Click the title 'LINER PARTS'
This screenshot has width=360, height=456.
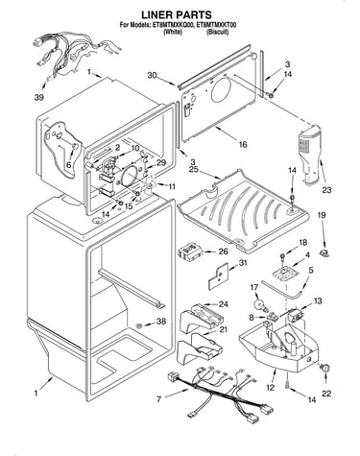click(x=177, y=14)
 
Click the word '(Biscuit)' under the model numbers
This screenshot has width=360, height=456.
click(x=217, y=32)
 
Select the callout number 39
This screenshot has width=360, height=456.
click(x=39, y=98)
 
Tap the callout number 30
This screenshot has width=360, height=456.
click(x=153, y=76)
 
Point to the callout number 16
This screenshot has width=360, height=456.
click(x=243, y=145)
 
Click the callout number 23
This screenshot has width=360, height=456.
click(x=326, y=190)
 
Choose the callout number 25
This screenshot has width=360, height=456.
click(x=193, y=169)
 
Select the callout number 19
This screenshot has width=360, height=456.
click(x=322, y=215)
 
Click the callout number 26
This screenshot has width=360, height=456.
click(x=223, y=252)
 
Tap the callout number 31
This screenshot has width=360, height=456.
click(x=243, y=262)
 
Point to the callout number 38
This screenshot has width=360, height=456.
click(x=161, y=321)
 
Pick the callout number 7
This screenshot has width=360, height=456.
click(x=158, y=399)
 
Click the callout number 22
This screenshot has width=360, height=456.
click(x=326, y=394)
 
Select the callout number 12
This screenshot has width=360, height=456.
click(x=270, y=388)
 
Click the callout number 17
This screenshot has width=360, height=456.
click(x=254, y=288)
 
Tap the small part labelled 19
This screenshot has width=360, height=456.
click(x=324, y=253)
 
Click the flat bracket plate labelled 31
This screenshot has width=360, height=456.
click(x=219, y=276)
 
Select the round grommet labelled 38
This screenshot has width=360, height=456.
click(x=139, y=326)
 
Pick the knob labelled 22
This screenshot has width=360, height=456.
click(x=325, y=369)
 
